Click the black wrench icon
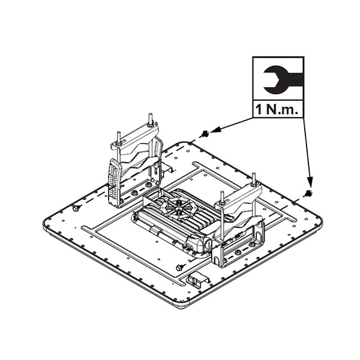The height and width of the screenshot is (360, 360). pyautogui.click(x=278, y=79)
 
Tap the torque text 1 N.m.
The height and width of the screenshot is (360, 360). pyautogui.click(x=278, y=110)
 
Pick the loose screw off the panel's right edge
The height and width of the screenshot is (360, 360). pyautogui.click(x=310, y=193)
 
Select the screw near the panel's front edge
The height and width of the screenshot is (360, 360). pyautogui.click(x=179, y=265)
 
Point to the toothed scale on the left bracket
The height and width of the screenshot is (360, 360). pyautogui.click(x=115, y=180)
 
